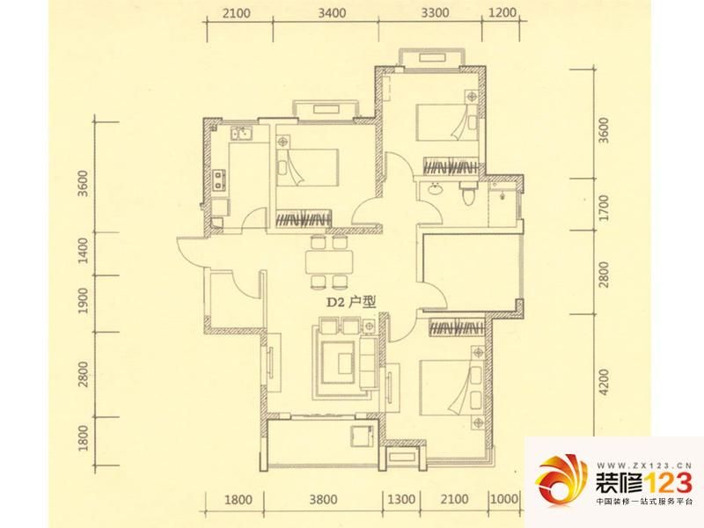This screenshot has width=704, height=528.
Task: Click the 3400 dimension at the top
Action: (333, 13)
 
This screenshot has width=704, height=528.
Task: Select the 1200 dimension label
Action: (502, 12)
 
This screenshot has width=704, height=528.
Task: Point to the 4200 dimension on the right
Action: (605, 383)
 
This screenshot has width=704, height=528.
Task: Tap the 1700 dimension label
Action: (605, 208)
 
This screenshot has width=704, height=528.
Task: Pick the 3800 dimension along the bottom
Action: (324, 499)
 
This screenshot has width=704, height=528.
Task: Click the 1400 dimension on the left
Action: (83, 251)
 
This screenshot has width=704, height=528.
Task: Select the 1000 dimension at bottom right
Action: (502, 499)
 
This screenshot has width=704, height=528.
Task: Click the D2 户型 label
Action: (350, 302)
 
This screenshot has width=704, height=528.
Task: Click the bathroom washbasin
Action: (435, 188)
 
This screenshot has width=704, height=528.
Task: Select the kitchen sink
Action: (241, 133)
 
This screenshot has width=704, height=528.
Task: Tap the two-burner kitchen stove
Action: (219, 179)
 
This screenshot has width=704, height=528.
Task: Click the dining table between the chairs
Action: (329, 261)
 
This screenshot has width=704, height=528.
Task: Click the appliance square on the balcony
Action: (362, 435)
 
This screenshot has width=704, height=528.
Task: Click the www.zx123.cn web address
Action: (643, 466)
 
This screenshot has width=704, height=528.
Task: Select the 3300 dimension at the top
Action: (435, 13)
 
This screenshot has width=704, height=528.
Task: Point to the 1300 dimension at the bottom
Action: (401, 499)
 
